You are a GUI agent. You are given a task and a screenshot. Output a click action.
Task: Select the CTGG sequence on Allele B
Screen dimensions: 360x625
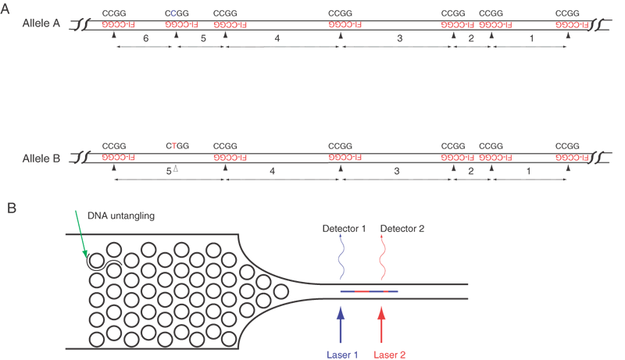pyautogui.click(x=178, y=145)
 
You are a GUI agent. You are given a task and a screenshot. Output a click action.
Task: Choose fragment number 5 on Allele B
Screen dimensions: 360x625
pyautogui.click(x=169, y=169)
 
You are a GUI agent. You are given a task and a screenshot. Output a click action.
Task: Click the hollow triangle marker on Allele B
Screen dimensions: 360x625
pyautogui.click(x=177, y=169)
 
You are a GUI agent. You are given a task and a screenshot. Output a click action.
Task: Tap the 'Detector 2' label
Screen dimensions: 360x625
pyautogui.click(x=402, y=228)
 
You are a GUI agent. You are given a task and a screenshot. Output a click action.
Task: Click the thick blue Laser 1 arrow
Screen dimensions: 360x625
pyautogui.click(x=340, y=324)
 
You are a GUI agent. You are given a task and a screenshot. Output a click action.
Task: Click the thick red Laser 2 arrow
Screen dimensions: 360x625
pyautogui.click(x=382, y=324)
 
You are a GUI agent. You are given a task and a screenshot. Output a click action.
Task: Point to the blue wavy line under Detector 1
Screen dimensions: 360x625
pyautogui.click(x=341, y=258)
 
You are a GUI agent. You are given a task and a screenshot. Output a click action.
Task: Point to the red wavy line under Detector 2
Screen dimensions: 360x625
pyautogui.click(x=382, y=258)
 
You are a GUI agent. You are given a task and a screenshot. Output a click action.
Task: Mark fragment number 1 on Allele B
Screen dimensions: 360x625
pyautogui.click(x=531, y=169)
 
